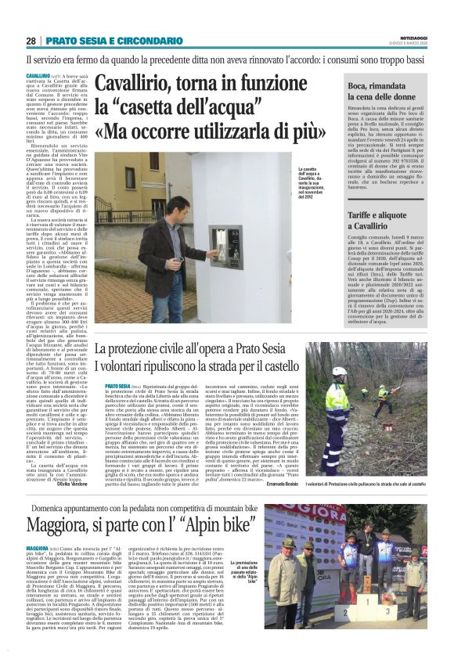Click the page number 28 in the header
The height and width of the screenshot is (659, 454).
pos(31,41)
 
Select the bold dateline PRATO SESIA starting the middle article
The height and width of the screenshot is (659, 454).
pos(116,386)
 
